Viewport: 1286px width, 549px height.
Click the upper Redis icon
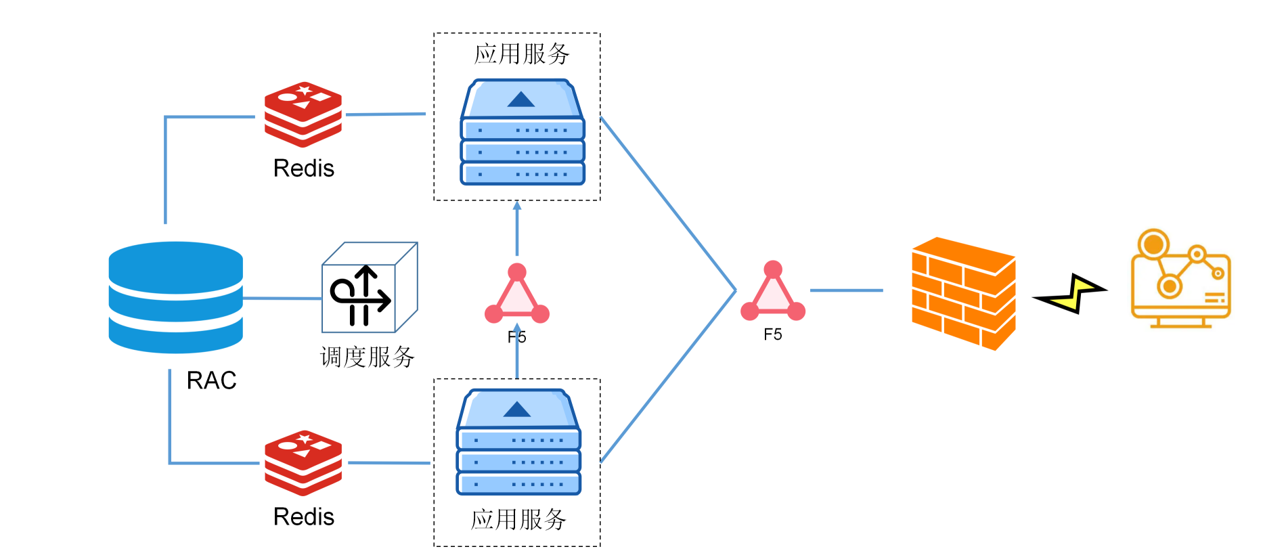tap(303, 114)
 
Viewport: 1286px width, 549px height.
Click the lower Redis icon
tap(303, 462)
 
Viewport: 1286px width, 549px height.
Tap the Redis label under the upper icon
tap(303, 169)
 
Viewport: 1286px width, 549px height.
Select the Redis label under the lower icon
tap(303, 517)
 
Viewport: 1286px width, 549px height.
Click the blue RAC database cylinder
tap(175, 297)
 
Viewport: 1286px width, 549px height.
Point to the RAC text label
tap(211, 380)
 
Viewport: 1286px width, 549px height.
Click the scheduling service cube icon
tap(369, 288)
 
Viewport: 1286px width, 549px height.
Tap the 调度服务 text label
tap(367, 357)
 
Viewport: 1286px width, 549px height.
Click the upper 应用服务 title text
tap(521, 54)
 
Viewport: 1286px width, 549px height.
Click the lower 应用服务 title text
tap(518, 520)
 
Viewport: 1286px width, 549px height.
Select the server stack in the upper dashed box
tap(522, 133)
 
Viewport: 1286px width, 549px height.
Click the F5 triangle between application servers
tap(517, 296)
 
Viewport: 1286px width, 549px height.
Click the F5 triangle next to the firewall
tap(773, 293)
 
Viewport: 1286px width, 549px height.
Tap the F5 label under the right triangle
tap(772, 335)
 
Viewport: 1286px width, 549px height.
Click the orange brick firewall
tap(963, 293)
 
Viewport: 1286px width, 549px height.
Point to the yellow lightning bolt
tap(1071, 293)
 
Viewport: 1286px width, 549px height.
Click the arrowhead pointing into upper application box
tap(517, 206)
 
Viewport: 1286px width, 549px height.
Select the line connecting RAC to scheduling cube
tap(282, 298)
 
